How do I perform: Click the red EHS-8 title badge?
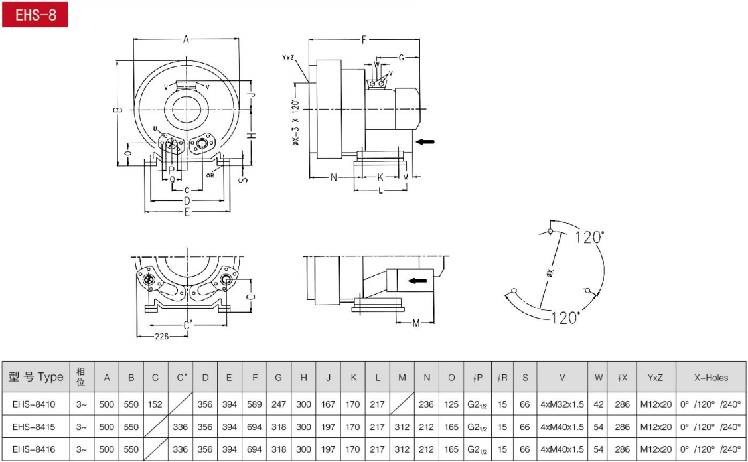tap(35, 15)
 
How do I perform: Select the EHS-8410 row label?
tap(34, 404)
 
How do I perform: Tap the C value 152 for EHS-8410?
tap(155, 404)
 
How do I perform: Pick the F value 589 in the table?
tap(254, 404)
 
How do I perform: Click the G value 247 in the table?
tap(279, 404)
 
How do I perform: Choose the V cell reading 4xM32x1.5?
tap(562, 404)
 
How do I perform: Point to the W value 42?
tap(599, 404)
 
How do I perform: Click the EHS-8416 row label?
tap(34, 449)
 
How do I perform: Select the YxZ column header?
tap(656, 378)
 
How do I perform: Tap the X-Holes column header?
tap(711, 378)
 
